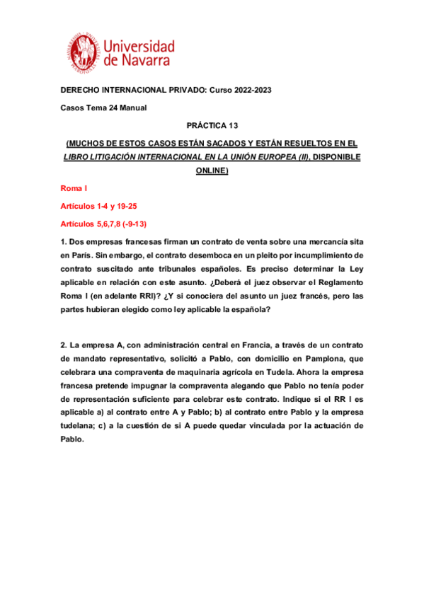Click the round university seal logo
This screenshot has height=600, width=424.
click(x=85, y=52)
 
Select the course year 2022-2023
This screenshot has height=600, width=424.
click(x=247, y=90)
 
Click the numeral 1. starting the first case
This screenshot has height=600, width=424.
click(x=64, y=242)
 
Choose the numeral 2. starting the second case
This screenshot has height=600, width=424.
click(x=64, y=345)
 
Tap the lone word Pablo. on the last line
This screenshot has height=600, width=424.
click(x=73, y=439)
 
